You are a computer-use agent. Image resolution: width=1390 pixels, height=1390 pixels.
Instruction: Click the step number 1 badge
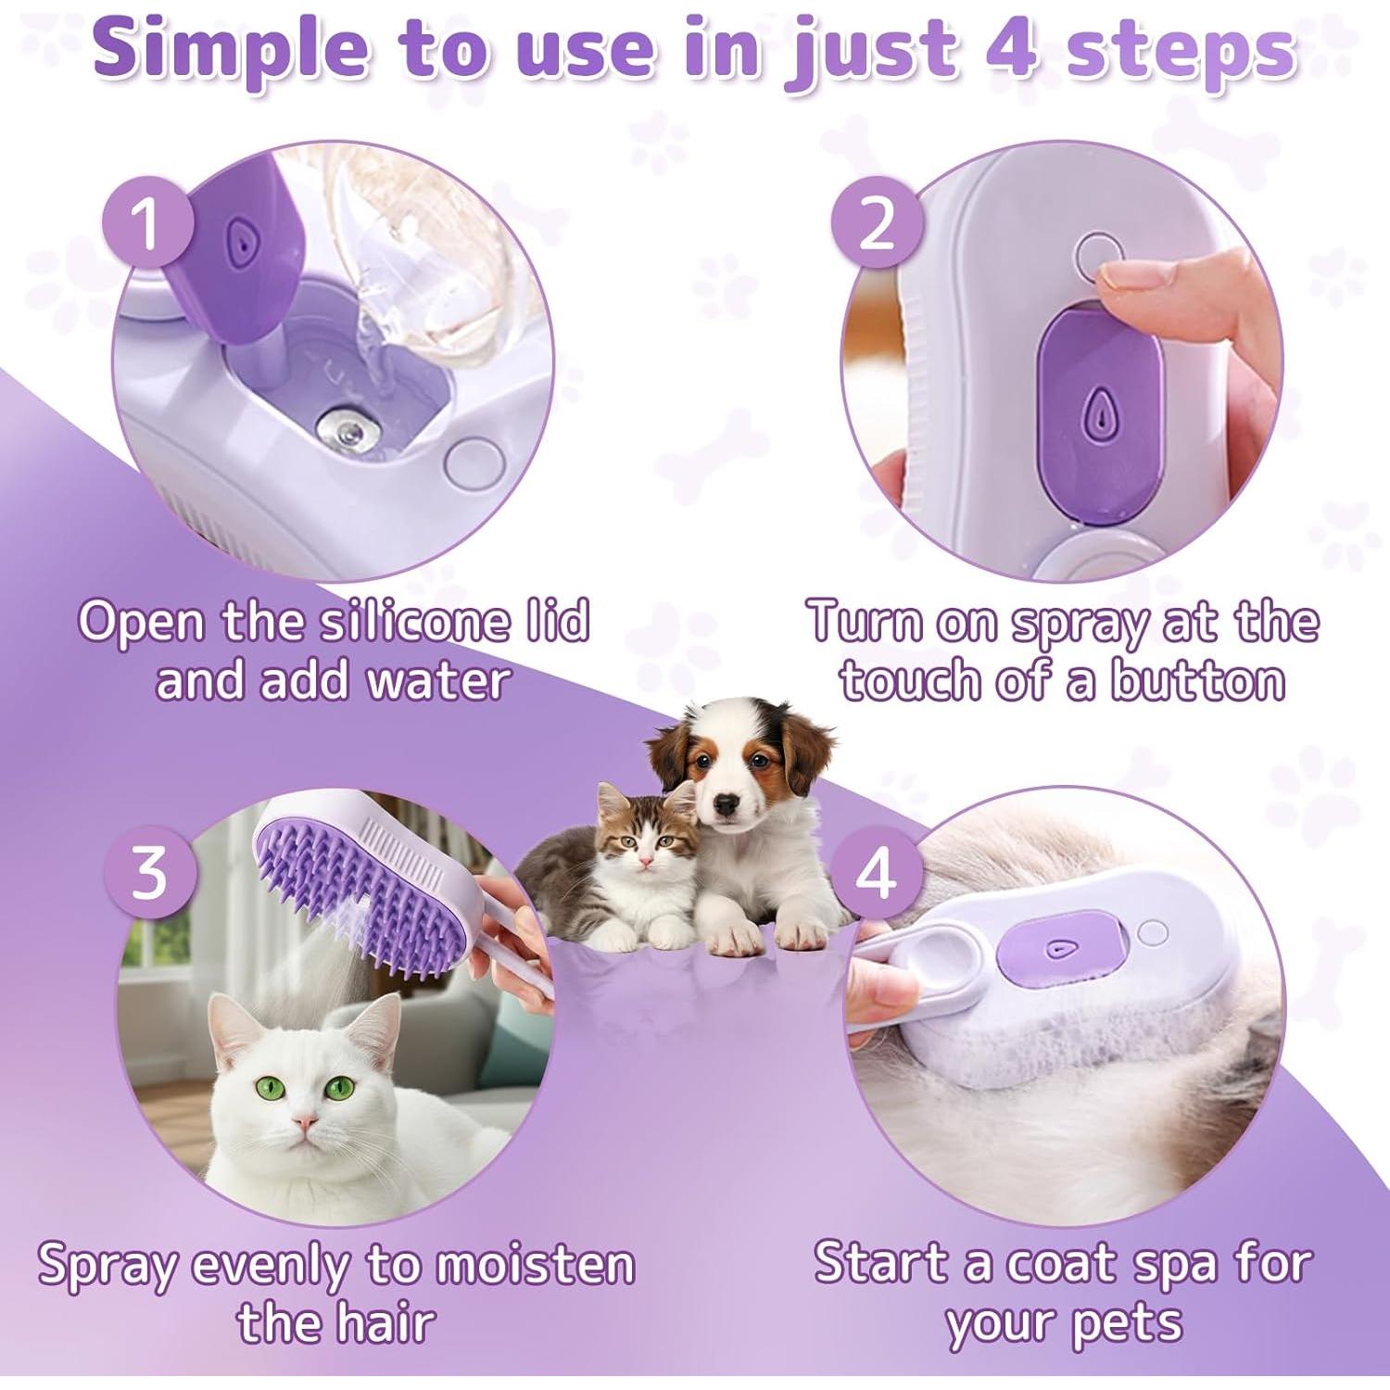(146, 224)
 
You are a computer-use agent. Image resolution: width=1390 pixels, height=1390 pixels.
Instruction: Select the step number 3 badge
(149, 871)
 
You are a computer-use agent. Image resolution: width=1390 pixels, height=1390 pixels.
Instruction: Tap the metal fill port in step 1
(345, 428)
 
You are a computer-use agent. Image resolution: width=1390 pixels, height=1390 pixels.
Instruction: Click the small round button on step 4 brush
(1152, 932)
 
